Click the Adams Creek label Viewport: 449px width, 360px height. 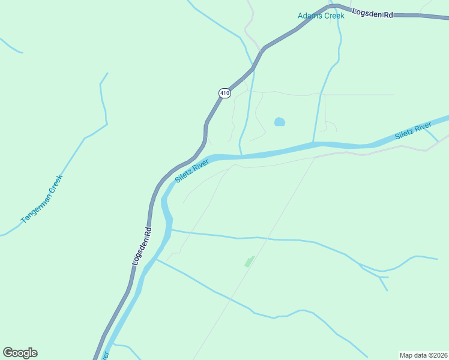pos(321,16)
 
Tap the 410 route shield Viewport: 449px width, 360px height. pos(224,93)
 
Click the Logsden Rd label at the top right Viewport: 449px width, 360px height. pos(372,13)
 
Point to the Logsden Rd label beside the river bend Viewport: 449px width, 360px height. pos(142,247)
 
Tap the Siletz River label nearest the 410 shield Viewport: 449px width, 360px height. pos(192,171)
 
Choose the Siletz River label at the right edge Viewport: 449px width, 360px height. pos(414,131)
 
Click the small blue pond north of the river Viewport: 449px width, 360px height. pos(279,122)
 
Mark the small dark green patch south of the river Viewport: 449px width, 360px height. pos(249,261)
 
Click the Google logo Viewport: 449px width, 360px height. pos(20,353)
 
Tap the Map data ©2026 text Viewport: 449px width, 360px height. pos(423,355)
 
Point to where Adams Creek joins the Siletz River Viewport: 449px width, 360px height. pos(313,143)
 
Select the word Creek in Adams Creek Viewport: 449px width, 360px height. pos(334,16)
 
